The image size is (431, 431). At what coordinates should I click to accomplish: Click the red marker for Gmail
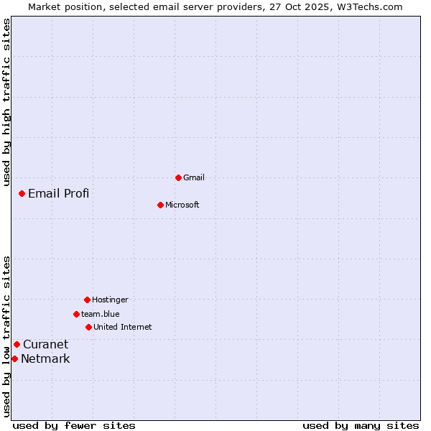[x=178, y=177]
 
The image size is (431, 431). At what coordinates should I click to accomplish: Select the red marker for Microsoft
[x=161, y=205]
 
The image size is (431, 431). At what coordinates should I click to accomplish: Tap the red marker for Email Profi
[x=22, y=193]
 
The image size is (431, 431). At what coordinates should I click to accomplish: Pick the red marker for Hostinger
[x=87, y=300]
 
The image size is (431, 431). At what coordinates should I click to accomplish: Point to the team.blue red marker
[x=76, y=314]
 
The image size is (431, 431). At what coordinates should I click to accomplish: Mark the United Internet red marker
[x=88, y=327]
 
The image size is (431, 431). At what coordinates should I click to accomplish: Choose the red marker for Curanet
[x=17, y=344]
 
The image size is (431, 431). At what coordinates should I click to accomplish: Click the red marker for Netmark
[x=14, y=358]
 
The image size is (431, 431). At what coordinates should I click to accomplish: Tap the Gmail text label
[x=194, y=177]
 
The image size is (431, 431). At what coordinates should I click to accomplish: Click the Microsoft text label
[x=182, y=205]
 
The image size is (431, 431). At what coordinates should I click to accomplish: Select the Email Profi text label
[x=59, y=193]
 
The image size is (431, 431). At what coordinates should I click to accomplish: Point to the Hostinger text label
[x=110, y=300]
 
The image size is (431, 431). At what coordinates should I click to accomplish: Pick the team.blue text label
[x=101, y=314]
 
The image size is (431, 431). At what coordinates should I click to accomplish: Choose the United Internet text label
[x=123, y=327]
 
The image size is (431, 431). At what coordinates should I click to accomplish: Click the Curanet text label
[x=46, y=344]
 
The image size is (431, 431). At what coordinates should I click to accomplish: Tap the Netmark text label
[x=45, y=358]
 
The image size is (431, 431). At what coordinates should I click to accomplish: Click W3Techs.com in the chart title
[x=367, y=6]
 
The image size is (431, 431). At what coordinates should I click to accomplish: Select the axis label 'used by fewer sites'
[x=74, y=425]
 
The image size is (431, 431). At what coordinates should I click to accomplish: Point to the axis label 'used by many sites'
[x=361, y=425]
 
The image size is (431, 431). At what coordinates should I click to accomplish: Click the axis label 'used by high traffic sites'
[x=6, y=103]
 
